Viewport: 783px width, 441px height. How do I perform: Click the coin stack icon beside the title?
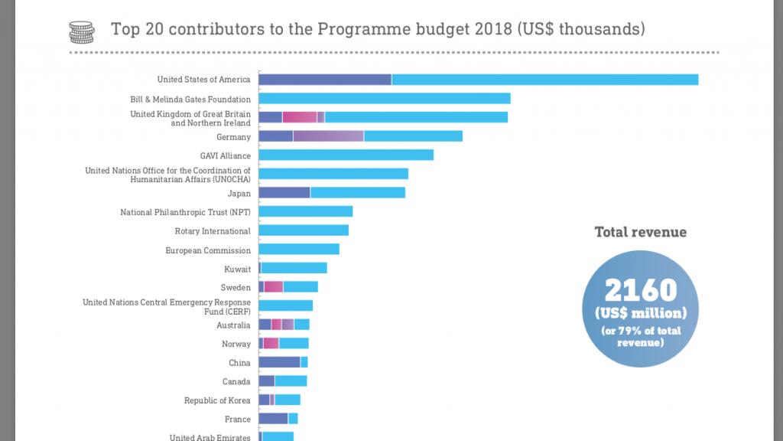coord(82,31)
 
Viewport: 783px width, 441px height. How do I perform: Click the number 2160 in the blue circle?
coord(641,291)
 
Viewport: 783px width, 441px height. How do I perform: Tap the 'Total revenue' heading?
coord(641,232)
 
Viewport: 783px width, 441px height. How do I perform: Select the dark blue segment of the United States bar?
coord(325,80)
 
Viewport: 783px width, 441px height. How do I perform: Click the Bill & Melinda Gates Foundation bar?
coord(384,99)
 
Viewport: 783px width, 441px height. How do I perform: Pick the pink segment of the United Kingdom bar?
coord(300,117)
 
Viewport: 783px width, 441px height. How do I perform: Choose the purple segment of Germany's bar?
coord(328,136)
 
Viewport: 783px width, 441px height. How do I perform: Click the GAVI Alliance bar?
coord(346,155)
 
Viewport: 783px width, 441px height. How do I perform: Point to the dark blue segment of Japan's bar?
coord(284,192)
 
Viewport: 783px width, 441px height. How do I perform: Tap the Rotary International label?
coord(213,231)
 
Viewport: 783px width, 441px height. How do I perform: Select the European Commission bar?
coord(299,249)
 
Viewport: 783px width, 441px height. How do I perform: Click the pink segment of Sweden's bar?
coord(273,287)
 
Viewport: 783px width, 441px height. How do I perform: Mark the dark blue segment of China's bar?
coord(279,362)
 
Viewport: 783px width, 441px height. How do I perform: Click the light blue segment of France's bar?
coord(293,419)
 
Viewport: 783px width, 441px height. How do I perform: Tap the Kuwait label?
coord(237,269)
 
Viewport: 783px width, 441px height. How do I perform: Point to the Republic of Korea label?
coord(217,400)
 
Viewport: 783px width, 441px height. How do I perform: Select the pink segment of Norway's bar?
coord(271,343)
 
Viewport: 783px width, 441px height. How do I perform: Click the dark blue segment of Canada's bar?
coord(266,381)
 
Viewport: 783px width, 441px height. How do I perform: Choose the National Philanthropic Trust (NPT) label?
coord(185,212)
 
